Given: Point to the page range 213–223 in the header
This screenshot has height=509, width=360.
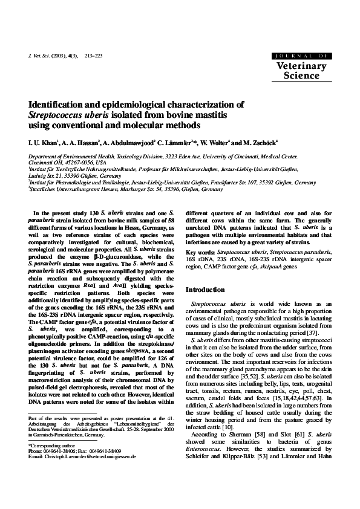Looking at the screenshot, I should click(94, 55).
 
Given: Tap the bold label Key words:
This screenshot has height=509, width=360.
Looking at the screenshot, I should click(200, 251).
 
